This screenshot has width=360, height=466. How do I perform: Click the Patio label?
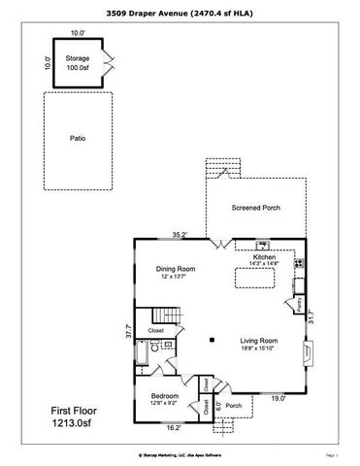click(78, 138)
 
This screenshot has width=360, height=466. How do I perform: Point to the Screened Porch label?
click(256, 208)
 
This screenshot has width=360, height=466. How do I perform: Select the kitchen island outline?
click(256, 281)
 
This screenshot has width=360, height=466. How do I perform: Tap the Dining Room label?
click(177, 269)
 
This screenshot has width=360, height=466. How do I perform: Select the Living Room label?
click(259, 341)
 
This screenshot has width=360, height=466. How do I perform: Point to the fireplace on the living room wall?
click(308, 349)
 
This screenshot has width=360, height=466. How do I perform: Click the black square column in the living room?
click(211, 340)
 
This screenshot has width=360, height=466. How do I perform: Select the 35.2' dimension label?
click(179, 234)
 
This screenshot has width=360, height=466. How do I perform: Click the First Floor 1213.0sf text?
click(81, 417)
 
